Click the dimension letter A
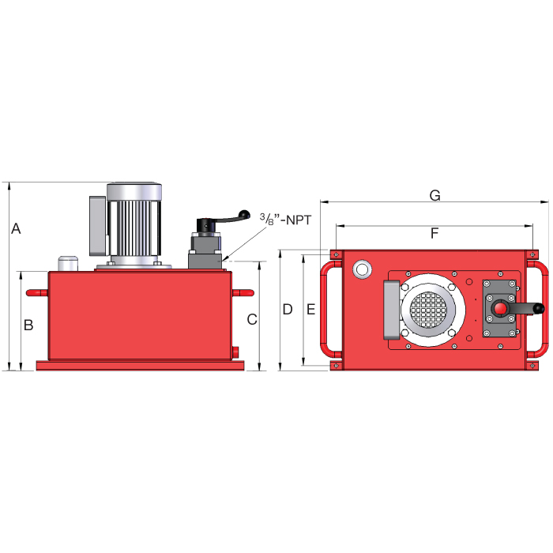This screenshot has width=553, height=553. coord(16,229)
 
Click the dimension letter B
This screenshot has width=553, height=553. coord(28,325)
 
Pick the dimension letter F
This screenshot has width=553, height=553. coord(434,234)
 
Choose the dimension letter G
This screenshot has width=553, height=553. coord(434,195)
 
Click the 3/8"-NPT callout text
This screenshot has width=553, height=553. coord(285,220)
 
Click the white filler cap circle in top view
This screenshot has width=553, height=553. coord(363,269)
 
